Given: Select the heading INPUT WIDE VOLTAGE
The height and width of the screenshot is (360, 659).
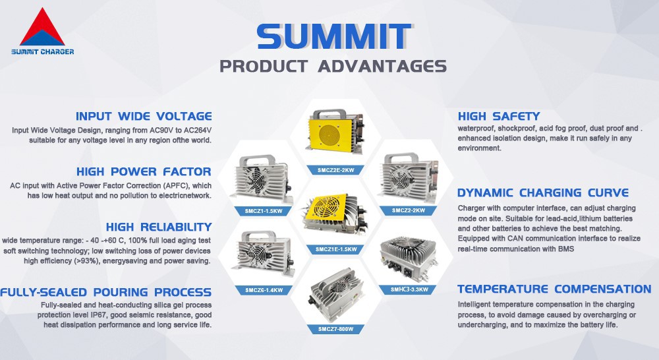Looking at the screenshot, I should coord(144,116).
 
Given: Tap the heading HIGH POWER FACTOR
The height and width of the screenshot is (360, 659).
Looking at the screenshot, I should coord(144,172).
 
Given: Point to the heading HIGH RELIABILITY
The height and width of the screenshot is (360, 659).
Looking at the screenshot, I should coord(158,227).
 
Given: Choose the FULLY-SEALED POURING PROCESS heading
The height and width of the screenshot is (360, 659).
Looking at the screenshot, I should coord(106,292).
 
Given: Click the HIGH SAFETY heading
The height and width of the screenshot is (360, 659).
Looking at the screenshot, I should coord(498,116).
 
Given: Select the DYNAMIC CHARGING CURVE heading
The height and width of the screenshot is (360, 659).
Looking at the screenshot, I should coord(543,193).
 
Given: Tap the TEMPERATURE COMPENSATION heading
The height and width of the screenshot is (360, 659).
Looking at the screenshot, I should coord(554,289).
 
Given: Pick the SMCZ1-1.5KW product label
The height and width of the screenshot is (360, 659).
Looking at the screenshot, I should coord(258,211).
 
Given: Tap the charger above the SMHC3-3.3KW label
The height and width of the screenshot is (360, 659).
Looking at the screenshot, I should coord(409,258).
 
